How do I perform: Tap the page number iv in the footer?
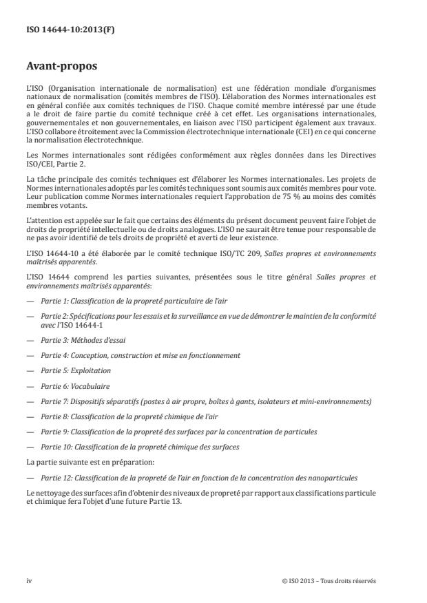(x=29, y=580)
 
